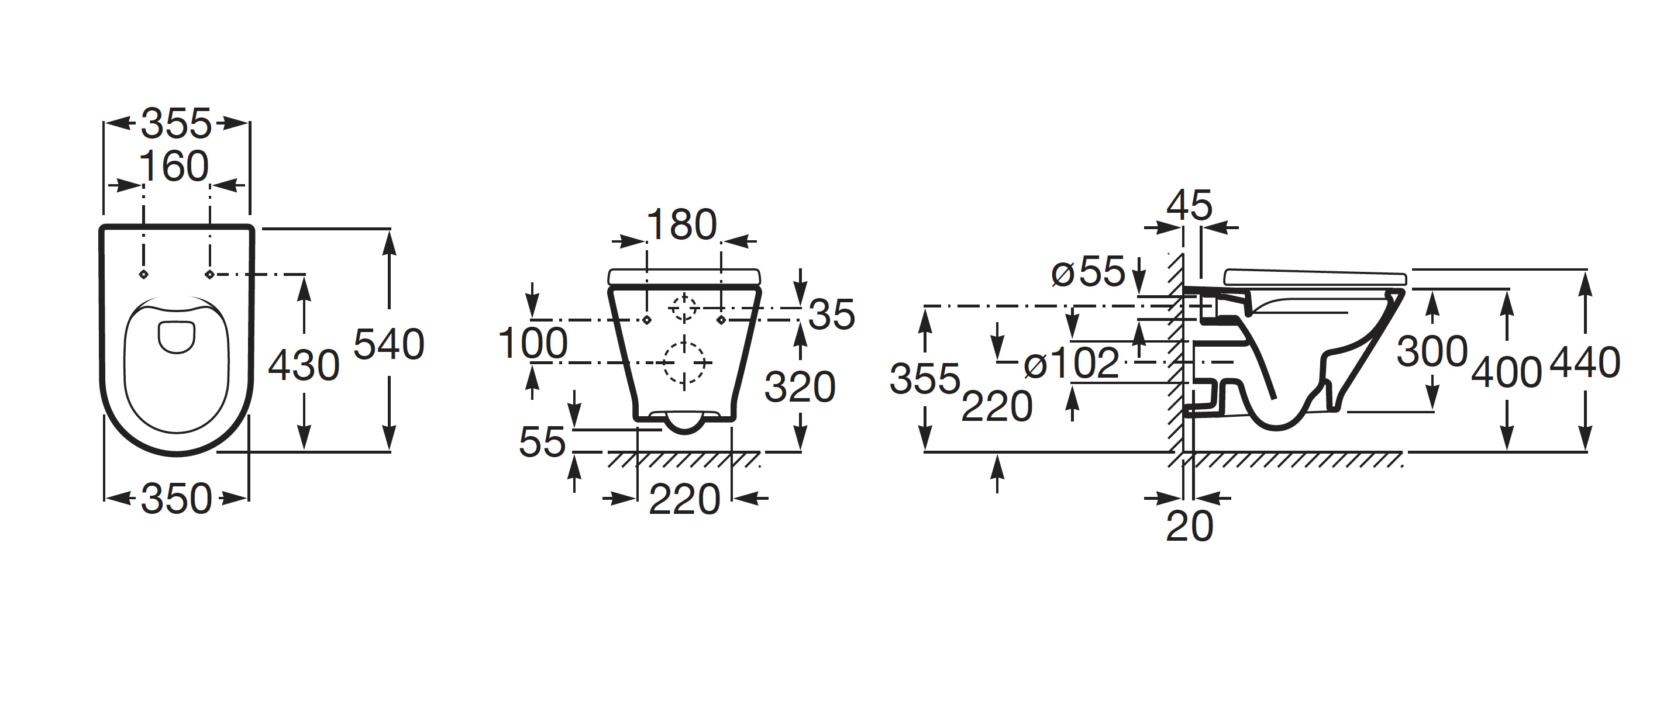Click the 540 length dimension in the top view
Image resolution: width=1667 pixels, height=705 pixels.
388,344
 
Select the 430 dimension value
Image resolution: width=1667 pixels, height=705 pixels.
304,366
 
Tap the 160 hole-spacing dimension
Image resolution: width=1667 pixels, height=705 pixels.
174,167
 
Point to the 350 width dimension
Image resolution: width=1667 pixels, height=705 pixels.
176,499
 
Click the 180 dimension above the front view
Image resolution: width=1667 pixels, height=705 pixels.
681,225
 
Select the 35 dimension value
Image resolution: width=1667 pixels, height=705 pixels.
832,315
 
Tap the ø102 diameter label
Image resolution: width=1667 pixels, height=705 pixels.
1071,363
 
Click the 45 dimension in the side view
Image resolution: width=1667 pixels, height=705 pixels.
1190,206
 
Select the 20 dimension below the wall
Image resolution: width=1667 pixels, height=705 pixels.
1190,527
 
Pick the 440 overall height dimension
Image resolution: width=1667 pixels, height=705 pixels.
1585,362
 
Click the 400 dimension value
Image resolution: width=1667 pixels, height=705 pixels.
1507,372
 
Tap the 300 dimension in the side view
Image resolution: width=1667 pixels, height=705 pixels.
1431,352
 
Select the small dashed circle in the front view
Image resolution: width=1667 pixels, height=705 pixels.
683,308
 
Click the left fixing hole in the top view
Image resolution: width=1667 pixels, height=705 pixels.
144,275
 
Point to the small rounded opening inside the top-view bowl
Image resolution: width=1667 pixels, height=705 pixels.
177,337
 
